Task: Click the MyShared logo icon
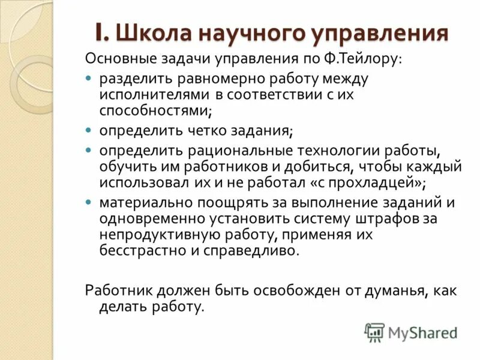[374, 332]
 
